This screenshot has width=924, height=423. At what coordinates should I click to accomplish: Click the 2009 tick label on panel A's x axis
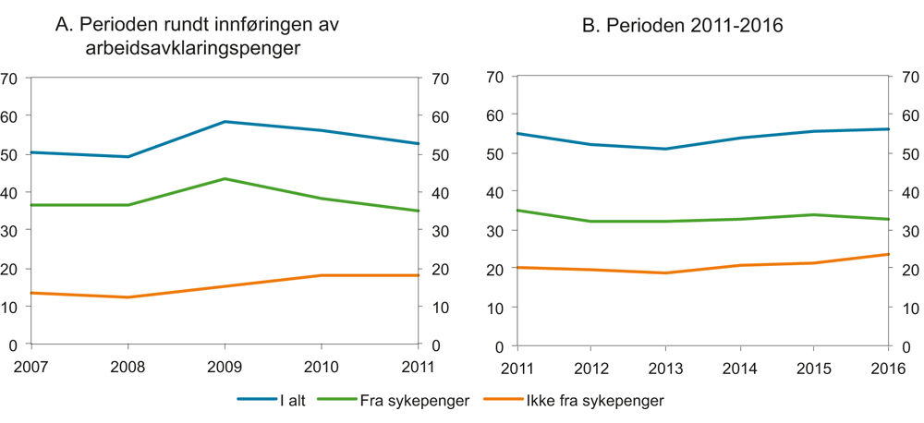225,367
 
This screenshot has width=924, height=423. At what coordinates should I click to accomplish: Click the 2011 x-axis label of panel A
419,367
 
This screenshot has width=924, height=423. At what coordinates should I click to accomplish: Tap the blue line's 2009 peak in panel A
225,122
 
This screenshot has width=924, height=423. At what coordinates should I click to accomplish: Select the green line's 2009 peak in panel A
225,178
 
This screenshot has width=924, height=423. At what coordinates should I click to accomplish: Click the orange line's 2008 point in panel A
128,297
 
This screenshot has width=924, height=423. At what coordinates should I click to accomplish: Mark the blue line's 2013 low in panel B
665,149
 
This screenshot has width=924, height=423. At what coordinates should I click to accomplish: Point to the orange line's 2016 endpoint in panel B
888,254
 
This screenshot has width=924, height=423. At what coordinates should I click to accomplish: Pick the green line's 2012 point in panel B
591,222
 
